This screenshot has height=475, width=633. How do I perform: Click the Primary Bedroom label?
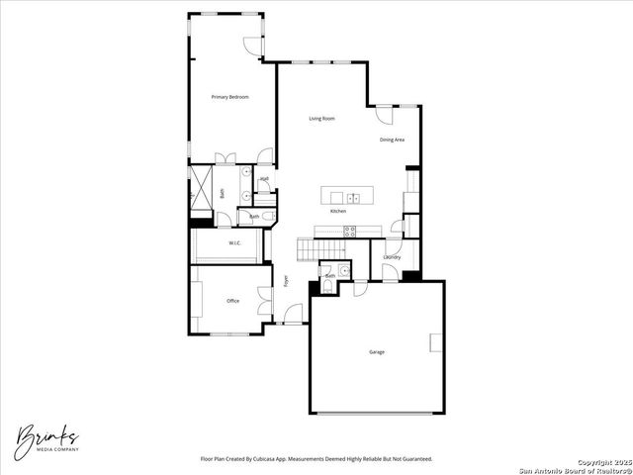[x=229, y=97]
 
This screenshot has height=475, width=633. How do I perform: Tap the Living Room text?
[x=321, y=119]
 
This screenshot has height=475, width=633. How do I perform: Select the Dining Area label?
[x=393, y=140]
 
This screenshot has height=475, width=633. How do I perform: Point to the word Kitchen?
[x=338, y=212]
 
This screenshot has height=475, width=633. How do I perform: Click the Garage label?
[x=377, y=352]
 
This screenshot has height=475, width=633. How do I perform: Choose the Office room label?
[x=232, y=301]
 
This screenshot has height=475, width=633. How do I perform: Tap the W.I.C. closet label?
[x=235, y=243]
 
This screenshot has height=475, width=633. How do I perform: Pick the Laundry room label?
[x=392, y=258]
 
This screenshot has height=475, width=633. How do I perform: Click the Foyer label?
[x=287, y=280]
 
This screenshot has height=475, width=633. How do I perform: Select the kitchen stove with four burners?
[x=349, y=231]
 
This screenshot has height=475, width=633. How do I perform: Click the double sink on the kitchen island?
[x=353, y=196]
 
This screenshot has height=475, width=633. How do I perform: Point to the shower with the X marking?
[x=202, y=188]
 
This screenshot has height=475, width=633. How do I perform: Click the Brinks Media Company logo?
[x=46, y=436]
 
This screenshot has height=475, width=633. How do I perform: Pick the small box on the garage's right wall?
[x=436, y=342]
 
